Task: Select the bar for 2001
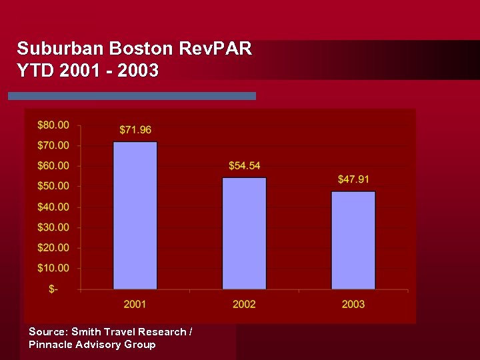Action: click(x=135, y=215)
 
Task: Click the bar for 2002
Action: click(x=244, y=233)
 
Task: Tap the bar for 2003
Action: click(x=353, y=240)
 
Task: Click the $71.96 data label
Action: click(x=135, y=129)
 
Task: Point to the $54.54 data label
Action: click(x=244, y=165)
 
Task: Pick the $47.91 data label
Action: click(x=353, y=179)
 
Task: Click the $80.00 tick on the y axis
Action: click(x=53, y=125)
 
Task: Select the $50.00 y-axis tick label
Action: click(x=53, y=186)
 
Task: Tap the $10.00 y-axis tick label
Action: click(x=53, y=268)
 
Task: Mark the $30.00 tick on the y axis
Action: click(x=53, y=227)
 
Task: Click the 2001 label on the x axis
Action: click(x=135, y=304)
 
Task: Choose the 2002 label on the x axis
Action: click(x=244, y=304)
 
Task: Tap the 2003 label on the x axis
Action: click(x=353, y=304)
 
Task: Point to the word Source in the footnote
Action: click(x=48, y=331)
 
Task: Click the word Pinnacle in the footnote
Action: click(x=53, y=345)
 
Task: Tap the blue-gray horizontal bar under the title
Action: click(x=132, y=96)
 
